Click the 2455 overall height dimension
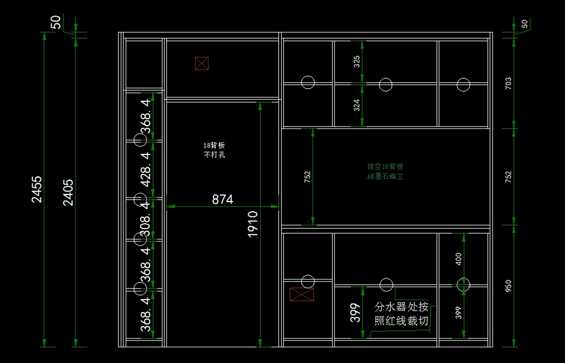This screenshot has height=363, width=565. tap(37, 189)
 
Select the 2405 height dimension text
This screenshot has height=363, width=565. tap(68, 192)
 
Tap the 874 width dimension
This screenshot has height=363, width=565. tap(222, 200)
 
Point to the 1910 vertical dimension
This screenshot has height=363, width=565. tap(253, 224)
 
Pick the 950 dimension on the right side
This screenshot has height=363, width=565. tap(508, 286)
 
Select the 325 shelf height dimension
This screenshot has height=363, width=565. tap(357, 62)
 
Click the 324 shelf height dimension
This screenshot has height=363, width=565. tap(357, 105)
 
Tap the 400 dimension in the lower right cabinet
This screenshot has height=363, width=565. tap(459, 258)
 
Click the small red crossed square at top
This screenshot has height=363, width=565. tap(202, 63)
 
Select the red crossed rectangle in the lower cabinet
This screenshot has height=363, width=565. tap(301, 294)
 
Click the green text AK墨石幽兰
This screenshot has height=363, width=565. tap(385, 177)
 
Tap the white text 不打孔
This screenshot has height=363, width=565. tap(214, 154)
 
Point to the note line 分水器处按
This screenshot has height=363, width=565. tap(401, 307)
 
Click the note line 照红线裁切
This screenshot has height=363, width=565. tap(401, 321)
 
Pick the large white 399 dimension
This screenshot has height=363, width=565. tap(355, 313)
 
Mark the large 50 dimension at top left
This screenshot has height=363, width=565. tap(56, 22)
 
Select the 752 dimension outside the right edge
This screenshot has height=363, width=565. tap(508, 177)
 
